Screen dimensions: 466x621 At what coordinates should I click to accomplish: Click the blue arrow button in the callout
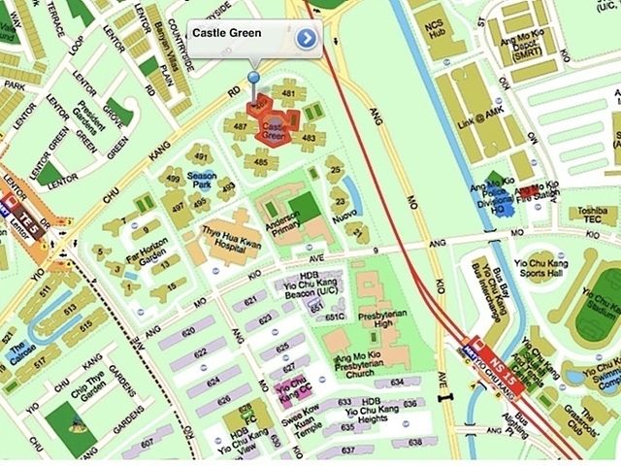point(307,38)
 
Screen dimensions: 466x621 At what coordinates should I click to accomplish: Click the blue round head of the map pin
point(254,77)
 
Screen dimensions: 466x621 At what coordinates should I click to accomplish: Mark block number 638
point(412,442)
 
